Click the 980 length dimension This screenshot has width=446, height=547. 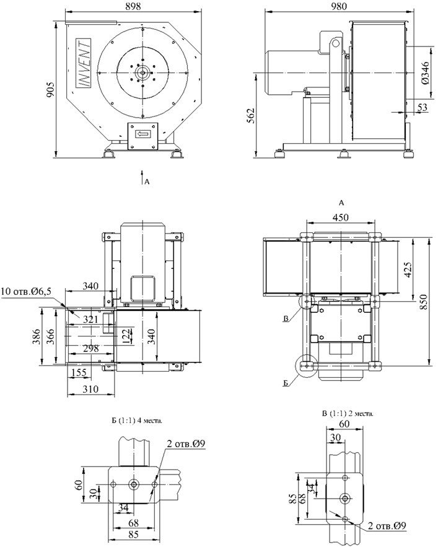coord(338,6)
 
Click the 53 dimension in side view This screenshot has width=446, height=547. coord(423,108)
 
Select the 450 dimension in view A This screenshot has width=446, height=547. coord(340,217)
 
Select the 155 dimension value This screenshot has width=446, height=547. coord(78,373)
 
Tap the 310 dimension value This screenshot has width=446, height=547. coord(90,389)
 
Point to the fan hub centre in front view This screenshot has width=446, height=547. coord(143,72)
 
